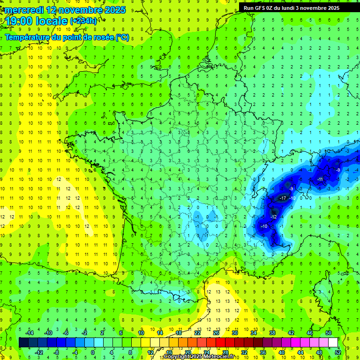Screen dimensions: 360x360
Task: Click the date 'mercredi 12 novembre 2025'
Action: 66,10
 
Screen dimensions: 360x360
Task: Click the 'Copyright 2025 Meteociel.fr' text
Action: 199,357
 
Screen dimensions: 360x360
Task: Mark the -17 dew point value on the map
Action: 283,199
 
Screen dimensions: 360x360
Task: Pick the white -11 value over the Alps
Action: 320,180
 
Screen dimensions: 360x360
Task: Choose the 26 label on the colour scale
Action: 216,332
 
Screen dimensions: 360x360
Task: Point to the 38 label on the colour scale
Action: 272,332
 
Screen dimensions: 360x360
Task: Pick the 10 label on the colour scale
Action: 141,332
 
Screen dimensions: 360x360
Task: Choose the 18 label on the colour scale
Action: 179,332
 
